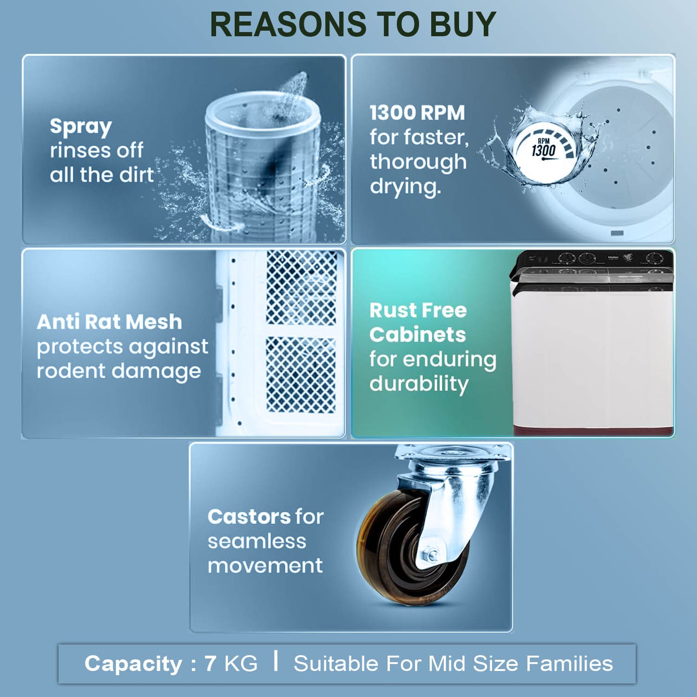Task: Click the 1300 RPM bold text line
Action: (417, 112)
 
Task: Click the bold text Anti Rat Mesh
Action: (109, 322)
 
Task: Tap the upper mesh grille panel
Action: (302, 288)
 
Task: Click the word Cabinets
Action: (418, 335)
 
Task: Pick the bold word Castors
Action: (249, 517)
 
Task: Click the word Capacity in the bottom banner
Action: (133, 664)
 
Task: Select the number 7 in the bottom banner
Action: (210, 664)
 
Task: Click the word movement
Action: (265, 565)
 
